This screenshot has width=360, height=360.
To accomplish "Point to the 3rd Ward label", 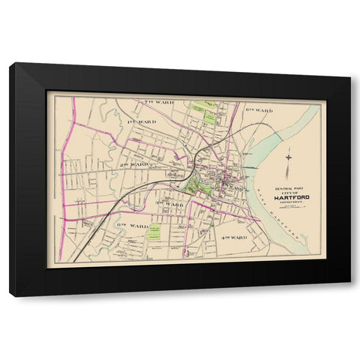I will (169, 203).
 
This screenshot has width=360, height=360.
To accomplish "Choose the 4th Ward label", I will (234, 237).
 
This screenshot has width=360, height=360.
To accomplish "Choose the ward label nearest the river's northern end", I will (259, 109).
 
